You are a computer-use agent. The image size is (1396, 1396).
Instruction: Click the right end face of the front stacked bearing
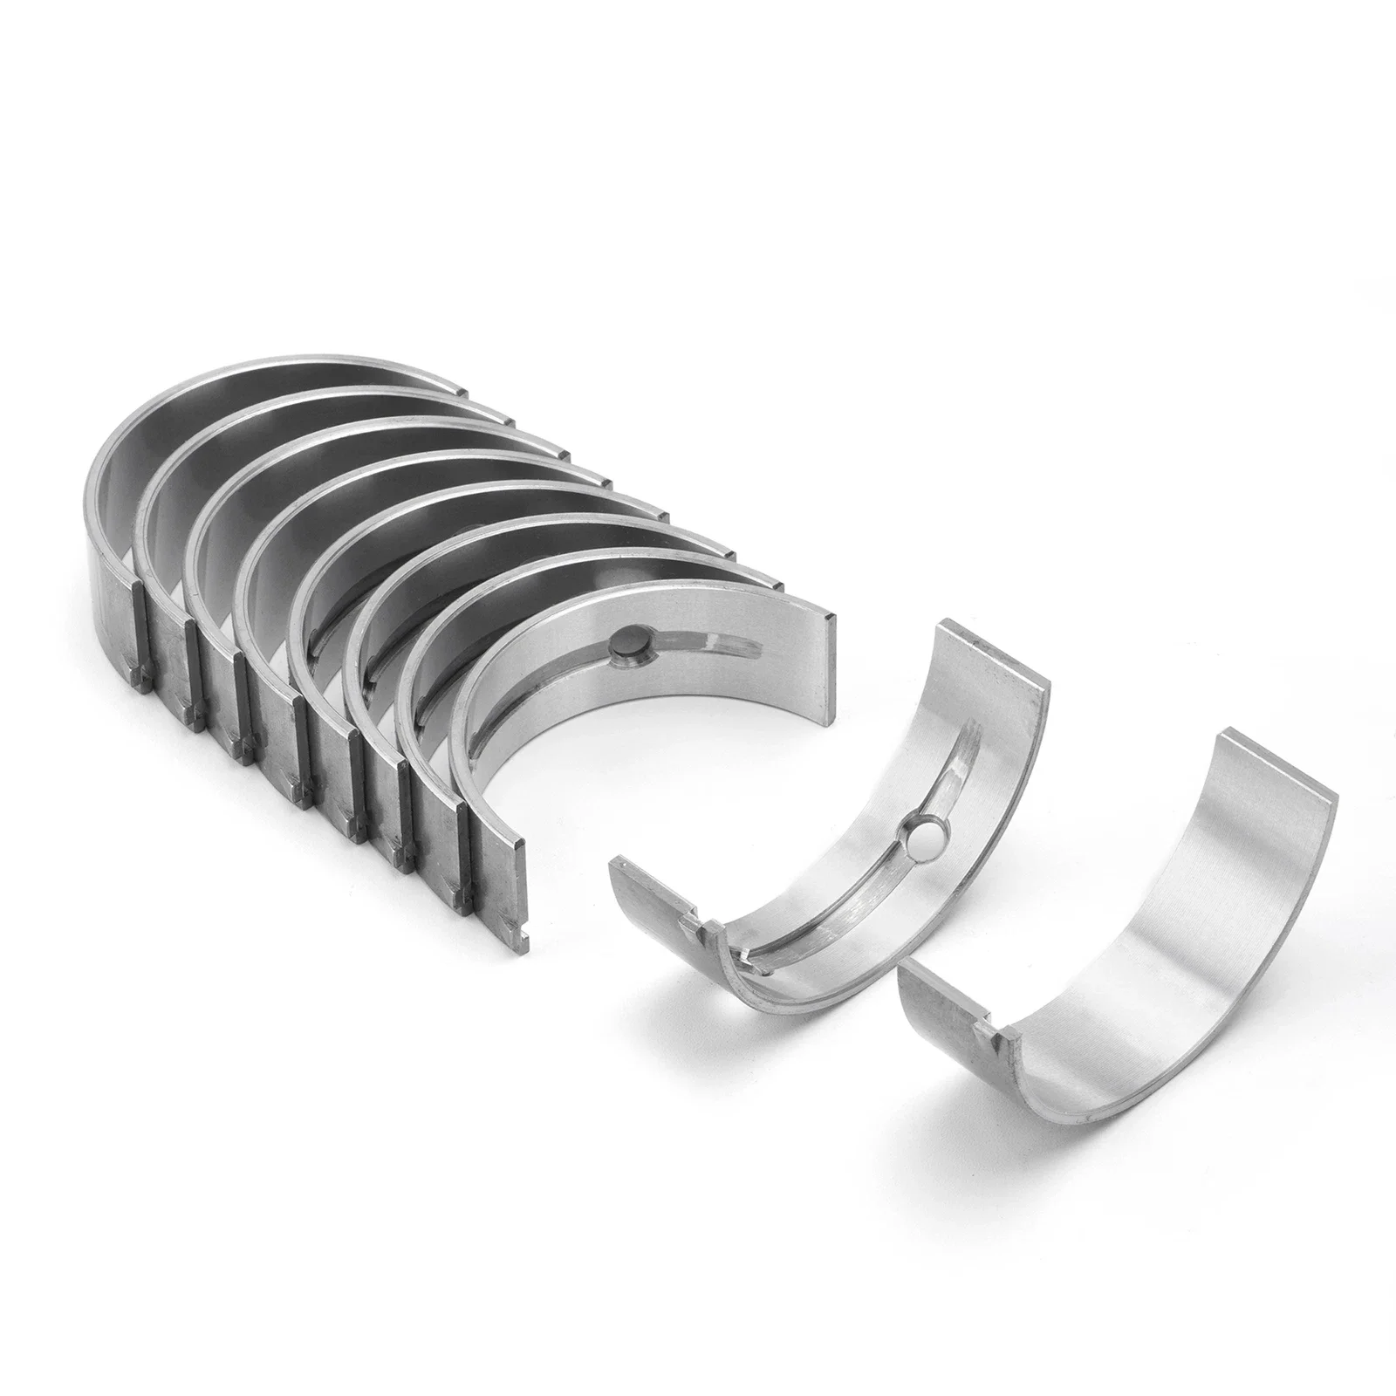pos(825,619)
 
